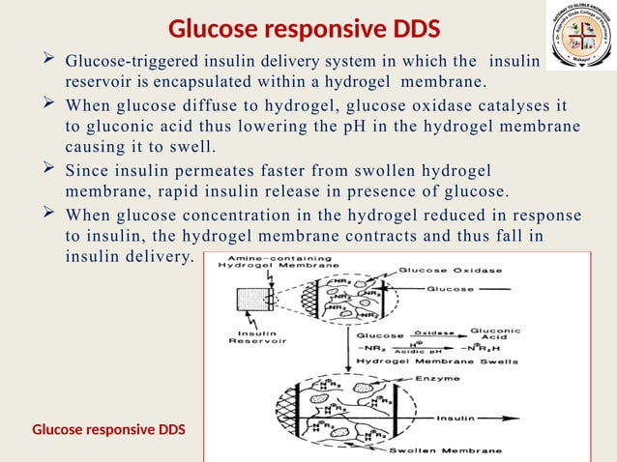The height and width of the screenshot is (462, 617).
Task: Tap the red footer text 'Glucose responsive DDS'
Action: (108, 428)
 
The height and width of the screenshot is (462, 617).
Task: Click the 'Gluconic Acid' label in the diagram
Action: (501, 334)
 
